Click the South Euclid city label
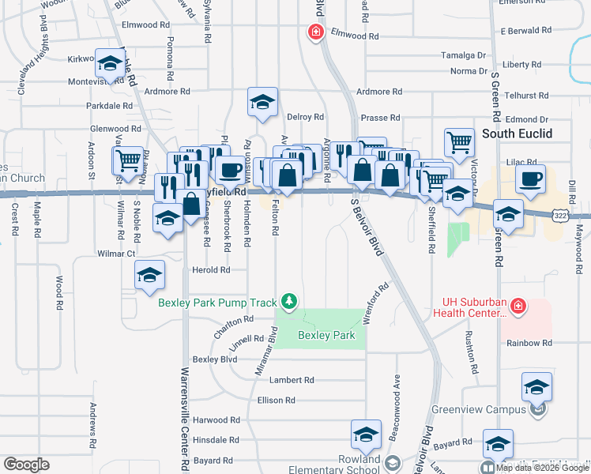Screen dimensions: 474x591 (x=517, y=133)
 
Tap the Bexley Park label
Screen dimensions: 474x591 (x=326, y=335)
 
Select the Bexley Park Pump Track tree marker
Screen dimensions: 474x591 (x=290, y=301)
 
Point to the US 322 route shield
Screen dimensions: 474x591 (x=560, y=214)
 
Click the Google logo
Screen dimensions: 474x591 (x=26, y=465)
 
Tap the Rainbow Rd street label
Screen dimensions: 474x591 (x=529, y=343)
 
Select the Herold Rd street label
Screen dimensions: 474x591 (x=211, y=269)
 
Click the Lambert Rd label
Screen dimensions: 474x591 (x=292, y=380)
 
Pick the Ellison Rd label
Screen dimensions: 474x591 (x=276, y=401)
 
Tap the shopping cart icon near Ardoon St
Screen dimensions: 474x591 (x=127, y=160)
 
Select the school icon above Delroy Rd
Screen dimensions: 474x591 (x=262, y=101)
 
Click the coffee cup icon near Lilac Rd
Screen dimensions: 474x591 (x=530, y=178)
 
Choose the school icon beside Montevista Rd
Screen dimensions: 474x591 (x=109, y=62)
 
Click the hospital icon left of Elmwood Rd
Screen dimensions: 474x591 (x=314, y=32)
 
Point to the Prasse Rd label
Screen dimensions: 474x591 (x=380, y=118)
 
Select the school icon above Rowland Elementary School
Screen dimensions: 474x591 (x=366, y=434)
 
